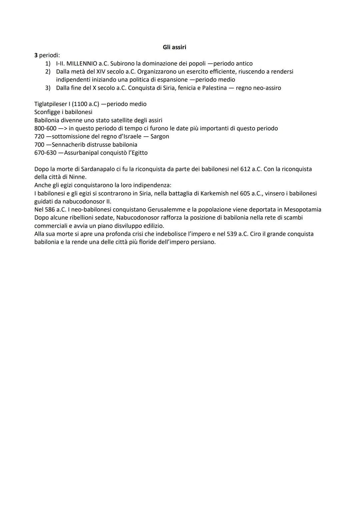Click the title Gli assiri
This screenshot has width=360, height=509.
[174, 47]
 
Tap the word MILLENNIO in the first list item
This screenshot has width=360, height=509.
[82, 63]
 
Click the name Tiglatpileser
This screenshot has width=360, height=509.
[51, 104]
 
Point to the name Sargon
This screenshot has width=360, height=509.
[160, 136]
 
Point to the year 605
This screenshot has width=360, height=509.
[245, 193]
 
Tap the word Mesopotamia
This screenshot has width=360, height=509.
[302, 210]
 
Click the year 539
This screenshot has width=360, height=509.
[232, 234]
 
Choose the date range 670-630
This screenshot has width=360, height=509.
[45, 153]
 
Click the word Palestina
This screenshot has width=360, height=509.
[214, 88]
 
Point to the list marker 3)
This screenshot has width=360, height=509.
[48, 88]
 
